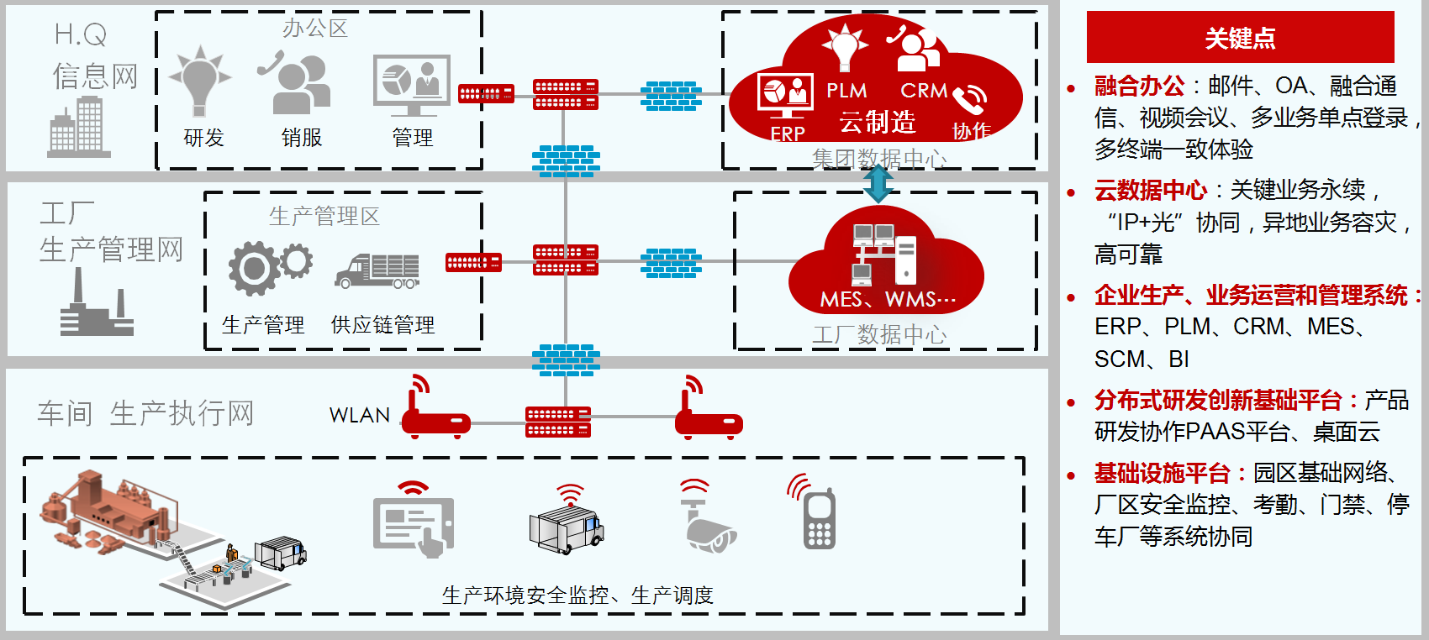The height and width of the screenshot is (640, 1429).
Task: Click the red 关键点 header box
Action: pyautogui.click(x=1240, y=37)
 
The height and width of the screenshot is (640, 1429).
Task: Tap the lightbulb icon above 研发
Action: pyautogui.click(x=199, y=79)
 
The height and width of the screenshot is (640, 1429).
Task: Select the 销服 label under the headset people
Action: pyautogui.click(x=302, y=138)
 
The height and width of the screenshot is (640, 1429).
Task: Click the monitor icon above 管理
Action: pyautogui.click(x=412, y=84)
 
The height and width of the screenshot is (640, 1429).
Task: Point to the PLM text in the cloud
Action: pyautogui.click(x=846, y=90)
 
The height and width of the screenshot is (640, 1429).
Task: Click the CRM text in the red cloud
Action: pyautogui.click(x=923, y=90)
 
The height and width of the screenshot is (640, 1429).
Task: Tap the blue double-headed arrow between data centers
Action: pyautogui.click(x=878, y=183)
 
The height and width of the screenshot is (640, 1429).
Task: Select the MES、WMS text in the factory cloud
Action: pyautogui.click(x=887, y=299)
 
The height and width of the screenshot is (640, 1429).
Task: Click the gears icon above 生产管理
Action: pyautogui.click(x=269, y=267)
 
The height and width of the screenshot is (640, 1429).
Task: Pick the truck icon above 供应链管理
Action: pyautogui.click(x=377, y=270)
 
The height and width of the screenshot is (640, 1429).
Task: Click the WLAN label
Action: pyautogui.click(x=360, y=415)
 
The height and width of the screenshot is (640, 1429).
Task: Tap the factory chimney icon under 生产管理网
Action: pyautogui.click(x=96, y=307)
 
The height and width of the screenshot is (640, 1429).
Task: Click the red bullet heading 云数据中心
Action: pyautogui.click(x=1150, y=191)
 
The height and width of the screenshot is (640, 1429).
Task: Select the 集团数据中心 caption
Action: pyautogui.click(x=878, y=158)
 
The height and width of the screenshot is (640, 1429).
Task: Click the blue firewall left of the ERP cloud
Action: pyautogui.click(x=670, y=96)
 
